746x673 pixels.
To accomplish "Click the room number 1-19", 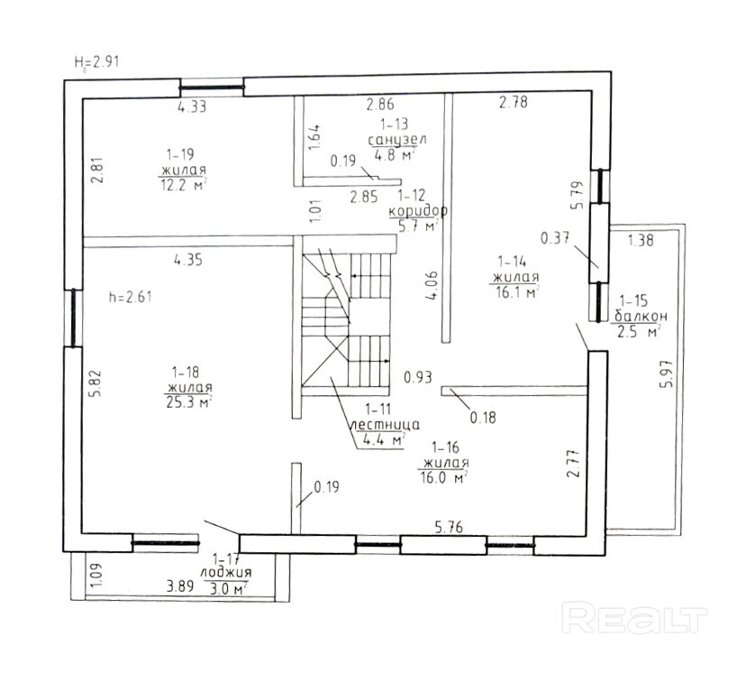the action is (180, 154).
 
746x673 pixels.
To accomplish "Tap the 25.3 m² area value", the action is (186, 402).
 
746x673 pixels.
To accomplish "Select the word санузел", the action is (397, 140).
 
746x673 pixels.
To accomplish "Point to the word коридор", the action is (418, 210).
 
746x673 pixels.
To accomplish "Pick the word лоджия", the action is (227, 572).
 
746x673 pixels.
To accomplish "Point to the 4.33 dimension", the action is (192, 106).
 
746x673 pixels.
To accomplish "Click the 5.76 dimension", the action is (448, 529).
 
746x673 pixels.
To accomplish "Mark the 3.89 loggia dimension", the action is (181, 588).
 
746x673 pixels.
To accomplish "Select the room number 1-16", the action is (446, 447).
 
